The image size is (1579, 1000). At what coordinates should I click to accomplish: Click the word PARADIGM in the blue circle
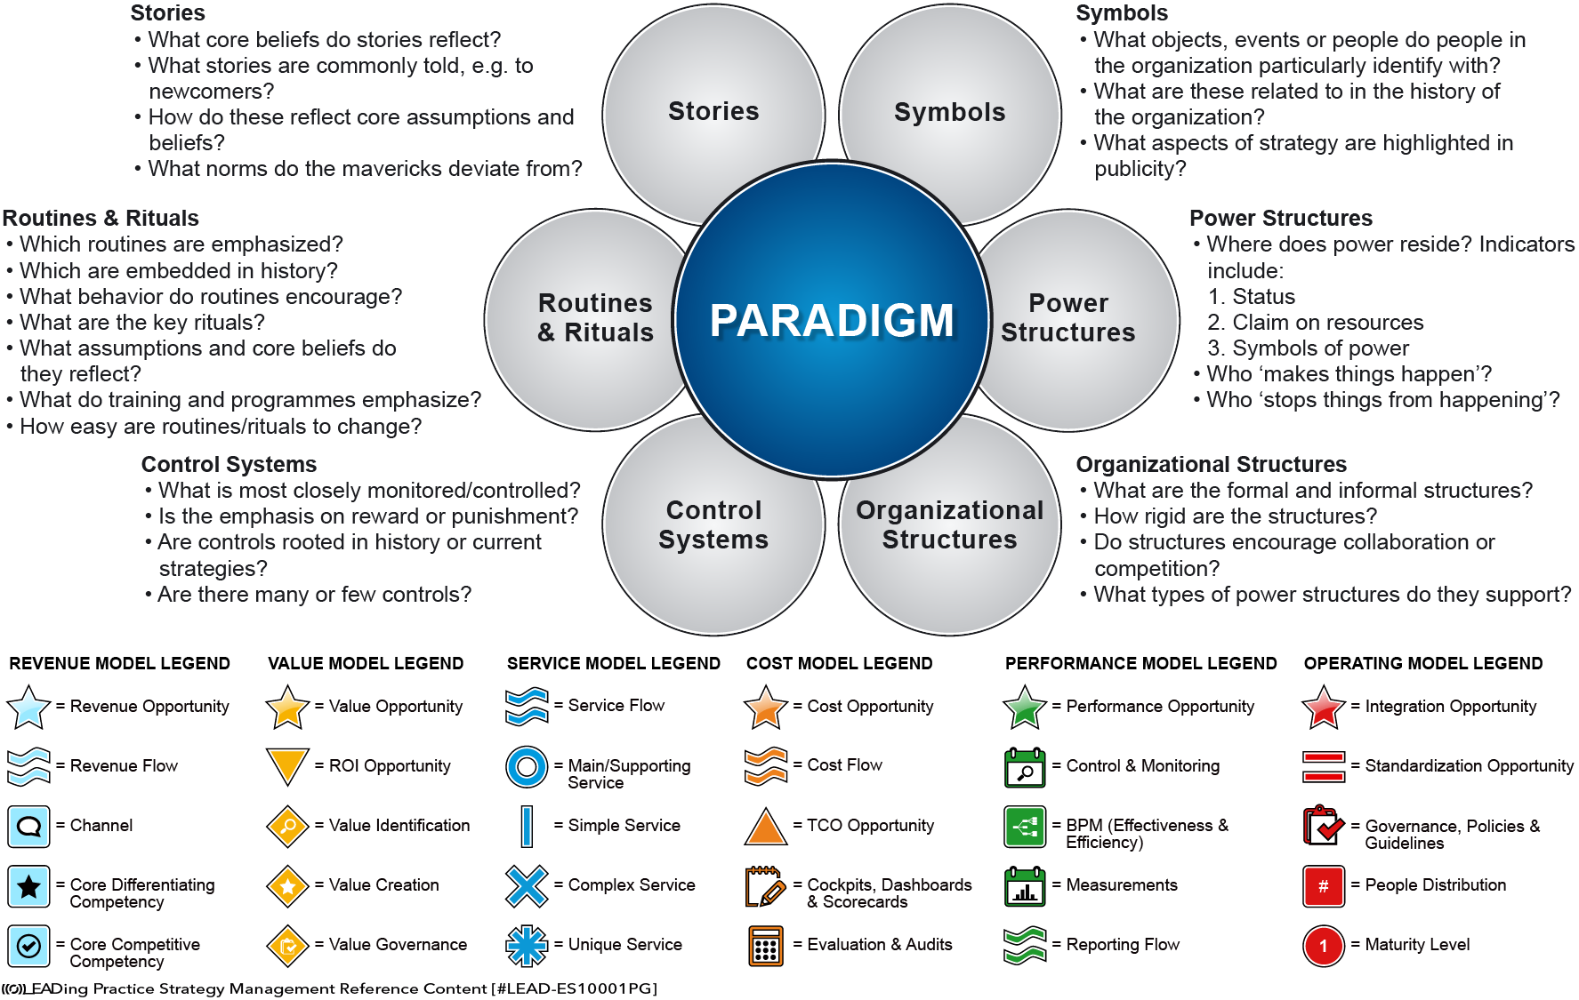[832, 321]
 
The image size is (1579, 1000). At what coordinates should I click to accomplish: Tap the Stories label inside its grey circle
[713, 111]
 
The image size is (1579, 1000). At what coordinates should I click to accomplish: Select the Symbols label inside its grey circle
[949, 112]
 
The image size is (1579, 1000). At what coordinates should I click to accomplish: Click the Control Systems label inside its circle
[713, 524]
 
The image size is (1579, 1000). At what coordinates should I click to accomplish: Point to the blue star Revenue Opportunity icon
[28, 707]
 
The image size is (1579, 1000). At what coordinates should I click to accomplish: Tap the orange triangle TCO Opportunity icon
[766, 826]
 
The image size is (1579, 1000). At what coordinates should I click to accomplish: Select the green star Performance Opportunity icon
[1025, 707]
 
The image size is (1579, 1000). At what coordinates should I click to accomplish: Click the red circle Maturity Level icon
[1324, 945]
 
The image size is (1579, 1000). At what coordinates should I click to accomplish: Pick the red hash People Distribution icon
[1324, 885]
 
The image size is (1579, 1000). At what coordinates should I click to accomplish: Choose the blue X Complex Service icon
[527, 885]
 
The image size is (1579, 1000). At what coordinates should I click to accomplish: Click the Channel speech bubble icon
[28, 826]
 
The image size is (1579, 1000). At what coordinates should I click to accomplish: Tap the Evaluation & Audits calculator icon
[766, 945]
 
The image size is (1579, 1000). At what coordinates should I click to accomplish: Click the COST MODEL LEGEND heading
[839, 663]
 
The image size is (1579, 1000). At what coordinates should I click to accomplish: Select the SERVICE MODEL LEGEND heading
[614, 663]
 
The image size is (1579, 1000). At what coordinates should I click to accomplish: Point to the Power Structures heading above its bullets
[1281, 219]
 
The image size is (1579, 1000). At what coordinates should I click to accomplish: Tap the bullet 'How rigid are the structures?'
[1235, 516]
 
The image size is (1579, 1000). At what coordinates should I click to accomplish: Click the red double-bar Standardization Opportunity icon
[1324, 766]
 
